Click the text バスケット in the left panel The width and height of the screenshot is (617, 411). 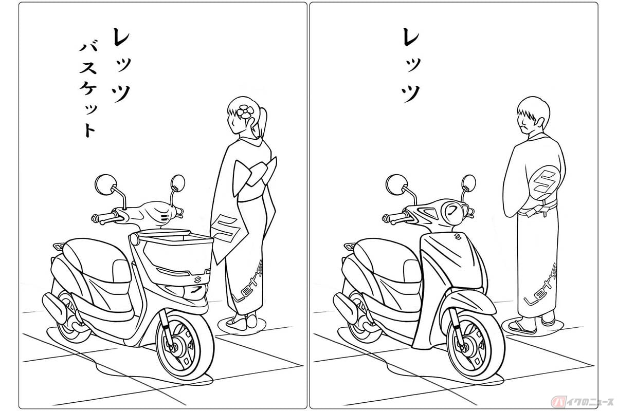tap(87, 90)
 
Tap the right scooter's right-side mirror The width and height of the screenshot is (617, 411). tap(468, 183)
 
